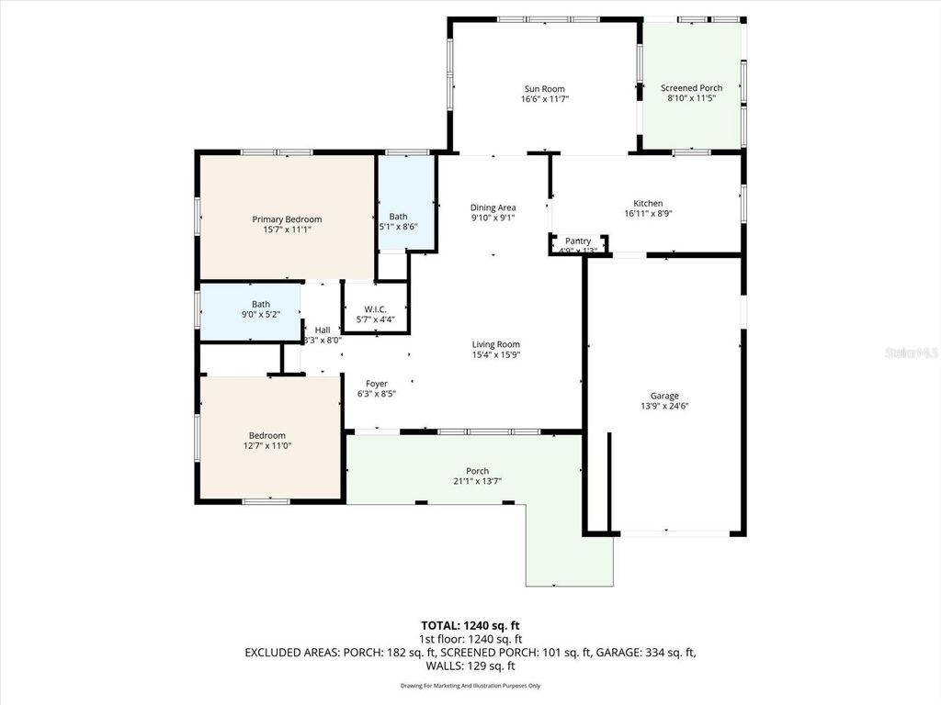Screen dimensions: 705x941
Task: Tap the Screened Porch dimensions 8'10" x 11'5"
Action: [692, 98]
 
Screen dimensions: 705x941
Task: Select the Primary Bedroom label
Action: [287, 219]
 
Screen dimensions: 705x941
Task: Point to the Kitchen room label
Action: [648, 204]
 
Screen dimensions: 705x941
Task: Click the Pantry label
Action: [578, 241]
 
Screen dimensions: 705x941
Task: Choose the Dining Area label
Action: [493, 207]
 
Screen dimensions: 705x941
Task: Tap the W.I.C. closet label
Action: [375, 309]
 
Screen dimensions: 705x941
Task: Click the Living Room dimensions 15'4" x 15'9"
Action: [495, 355]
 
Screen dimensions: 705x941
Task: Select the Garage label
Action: [664, 395]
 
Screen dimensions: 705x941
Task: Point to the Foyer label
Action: [376, 384]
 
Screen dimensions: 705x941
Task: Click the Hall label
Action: [323, 330]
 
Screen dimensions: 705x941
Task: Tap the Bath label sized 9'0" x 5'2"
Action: [261, 304]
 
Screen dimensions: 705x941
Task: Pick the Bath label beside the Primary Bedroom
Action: [398, 217]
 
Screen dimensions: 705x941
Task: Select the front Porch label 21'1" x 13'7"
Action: [477, 471]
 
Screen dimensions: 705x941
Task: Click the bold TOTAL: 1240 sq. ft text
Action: [470, 626]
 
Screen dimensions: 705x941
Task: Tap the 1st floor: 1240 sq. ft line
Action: [470, 639]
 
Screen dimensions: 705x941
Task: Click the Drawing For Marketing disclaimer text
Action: [470, 686]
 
